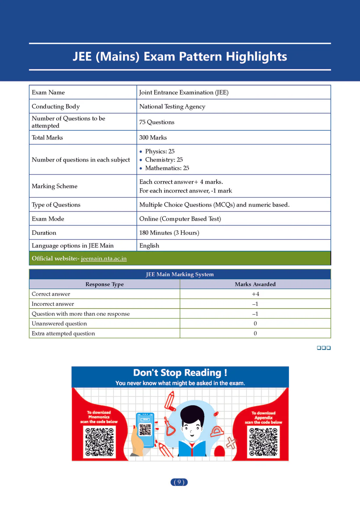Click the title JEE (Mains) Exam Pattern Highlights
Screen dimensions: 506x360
tap(180, 57)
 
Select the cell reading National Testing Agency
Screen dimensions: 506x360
tap(172, 106)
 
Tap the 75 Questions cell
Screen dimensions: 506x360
tap(157, 122)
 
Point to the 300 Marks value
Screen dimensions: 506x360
tap(153, 137)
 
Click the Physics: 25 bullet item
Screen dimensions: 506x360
tap(160, 151)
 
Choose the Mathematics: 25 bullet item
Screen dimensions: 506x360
tap(167, 168)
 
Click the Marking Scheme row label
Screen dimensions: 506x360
tap(54, 186)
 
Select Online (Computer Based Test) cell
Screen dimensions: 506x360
tap(180, 219)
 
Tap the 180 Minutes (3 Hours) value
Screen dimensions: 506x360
tap(169, 233)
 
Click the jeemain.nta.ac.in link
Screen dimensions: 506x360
tap(104, 259)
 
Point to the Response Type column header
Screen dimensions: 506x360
tap(104, 284)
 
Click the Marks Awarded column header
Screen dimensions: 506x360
tap(255, 284)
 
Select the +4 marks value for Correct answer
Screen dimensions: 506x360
tap(255, 294)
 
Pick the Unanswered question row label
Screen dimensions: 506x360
tap(59, 324)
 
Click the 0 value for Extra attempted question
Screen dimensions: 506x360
tap(255, 333)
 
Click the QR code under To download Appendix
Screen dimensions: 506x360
tap(263, 442)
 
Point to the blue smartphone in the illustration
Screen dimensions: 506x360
tap(145, 429)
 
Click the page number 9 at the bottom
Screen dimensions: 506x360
tap(179, 482)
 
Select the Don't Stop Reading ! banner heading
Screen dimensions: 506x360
tap(180, 372)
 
